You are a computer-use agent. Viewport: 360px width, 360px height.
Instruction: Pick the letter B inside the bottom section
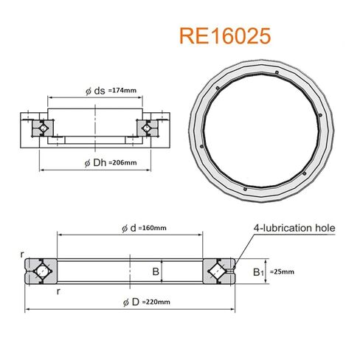click(156, 271)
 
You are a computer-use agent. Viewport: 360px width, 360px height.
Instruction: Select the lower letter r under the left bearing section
click(58, 291)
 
